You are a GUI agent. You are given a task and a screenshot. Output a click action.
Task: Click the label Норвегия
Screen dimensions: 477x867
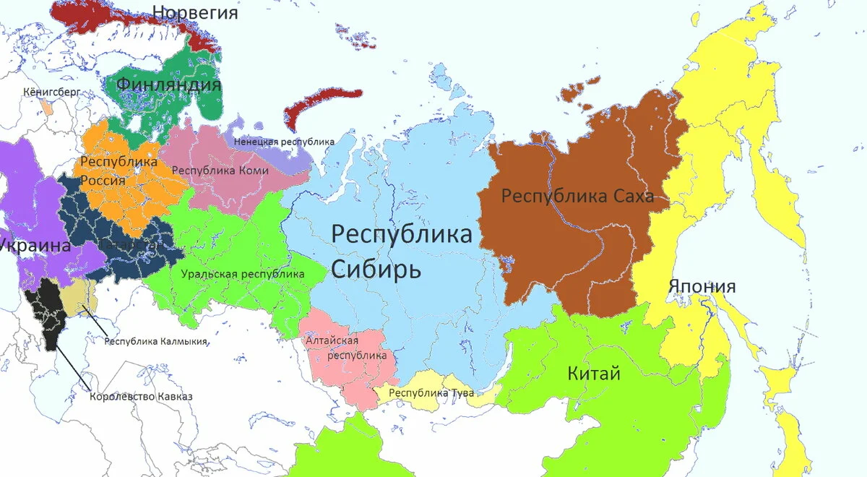tap(195, 12)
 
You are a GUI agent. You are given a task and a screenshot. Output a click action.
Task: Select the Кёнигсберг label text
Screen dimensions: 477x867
tap(52, 93)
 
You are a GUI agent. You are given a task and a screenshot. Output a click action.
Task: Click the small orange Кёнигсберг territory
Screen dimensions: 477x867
tap(47, 107)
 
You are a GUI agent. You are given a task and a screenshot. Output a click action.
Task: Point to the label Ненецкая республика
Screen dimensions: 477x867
tap(284, 142)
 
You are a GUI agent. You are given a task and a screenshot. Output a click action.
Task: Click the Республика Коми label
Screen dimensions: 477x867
tap(220, 171)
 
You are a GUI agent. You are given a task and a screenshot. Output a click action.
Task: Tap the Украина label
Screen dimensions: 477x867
tap(35, 245)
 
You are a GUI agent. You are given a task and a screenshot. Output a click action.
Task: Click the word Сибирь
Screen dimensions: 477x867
tap(376, 270)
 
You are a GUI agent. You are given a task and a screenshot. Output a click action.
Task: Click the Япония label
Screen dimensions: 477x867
tap(702, 286)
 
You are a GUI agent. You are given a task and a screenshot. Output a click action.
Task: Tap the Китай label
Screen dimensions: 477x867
tap(594, 374)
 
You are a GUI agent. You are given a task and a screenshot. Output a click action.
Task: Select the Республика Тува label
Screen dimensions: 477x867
tap(431, 393)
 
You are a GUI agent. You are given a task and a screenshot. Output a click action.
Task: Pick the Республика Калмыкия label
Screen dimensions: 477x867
tap(156, 342)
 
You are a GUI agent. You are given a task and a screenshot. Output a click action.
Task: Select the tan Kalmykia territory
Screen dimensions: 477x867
tap(74, 298)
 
